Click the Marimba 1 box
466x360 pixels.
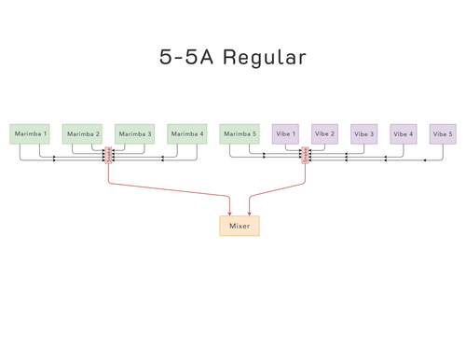[30, 134]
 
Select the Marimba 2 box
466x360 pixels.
[82, 134]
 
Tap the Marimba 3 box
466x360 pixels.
[134, 134]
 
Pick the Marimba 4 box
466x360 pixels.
[187, 134]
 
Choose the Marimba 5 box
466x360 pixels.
[240, 134]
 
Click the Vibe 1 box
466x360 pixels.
[285, 134]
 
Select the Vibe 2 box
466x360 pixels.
[324, 134]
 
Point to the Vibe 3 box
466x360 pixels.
[364, 134]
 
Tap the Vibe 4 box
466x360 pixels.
[404, 134]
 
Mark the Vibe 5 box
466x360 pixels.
[443, 134]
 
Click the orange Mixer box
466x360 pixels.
[240, 226]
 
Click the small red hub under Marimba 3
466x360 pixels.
[109, 156]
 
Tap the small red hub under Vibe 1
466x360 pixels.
[305, 156]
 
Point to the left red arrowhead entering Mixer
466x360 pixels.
[230, 214]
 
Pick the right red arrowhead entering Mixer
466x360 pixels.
[249, 214]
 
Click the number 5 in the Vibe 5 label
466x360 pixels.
[451, 134]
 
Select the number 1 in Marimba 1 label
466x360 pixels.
[44, 134]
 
